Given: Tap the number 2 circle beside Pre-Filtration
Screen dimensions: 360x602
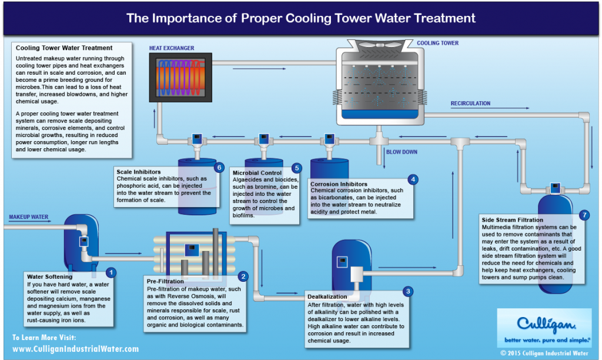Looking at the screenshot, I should tap(243, 276).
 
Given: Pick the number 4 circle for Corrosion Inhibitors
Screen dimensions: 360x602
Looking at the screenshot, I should tap(413, 179).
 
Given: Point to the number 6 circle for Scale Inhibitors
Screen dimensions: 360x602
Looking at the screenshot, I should tap(219, 167).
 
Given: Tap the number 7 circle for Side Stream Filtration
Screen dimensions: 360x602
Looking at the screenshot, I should tap(583, 214).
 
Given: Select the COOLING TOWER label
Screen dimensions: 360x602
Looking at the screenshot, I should tap(437, 43).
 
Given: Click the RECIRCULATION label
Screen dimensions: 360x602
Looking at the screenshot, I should tap(470, 104).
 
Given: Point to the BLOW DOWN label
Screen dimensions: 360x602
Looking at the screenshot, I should tap(402, 152).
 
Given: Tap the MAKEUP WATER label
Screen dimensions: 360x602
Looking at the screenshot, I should tap(28, 217).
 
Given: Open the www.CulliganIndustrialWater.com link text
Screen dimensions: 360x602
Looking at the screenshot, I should tap(75, 349).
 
